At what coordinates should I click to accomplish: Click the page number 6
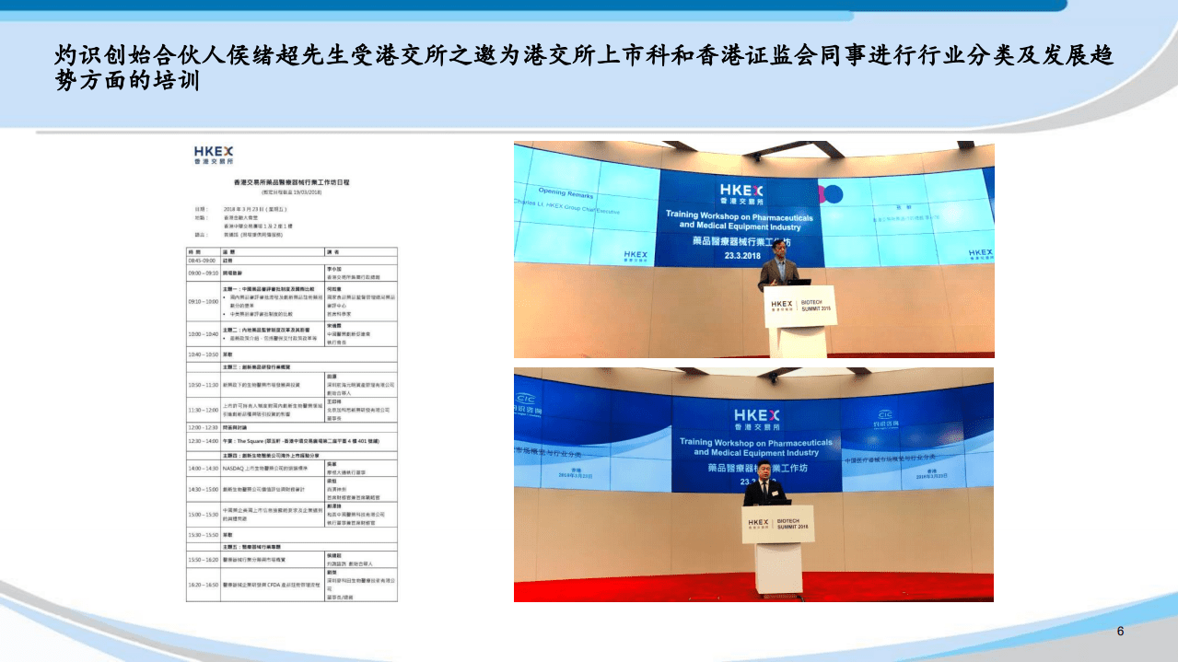[x=1120, y=632]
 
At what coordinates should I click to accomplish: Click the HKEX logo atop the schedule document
[x=214, y=154]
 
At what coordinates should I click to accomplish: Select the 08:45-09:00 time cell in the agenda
[x=204, y=261]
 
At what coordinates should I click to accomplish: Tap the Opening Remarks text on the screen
[x=566, y=193]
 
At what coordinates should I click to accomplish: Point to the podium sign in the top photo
[x=797, y=306]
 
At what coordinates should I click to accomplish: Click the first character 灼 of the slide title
[x=67, y=56]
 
